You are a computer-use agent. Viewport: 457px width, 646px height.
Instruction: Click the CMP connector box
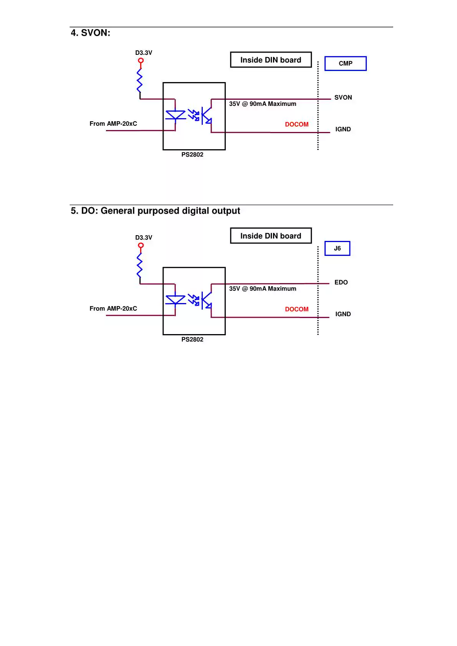tap(345, 63)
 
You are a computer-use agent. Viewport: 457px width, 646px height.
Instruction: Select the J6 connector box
tap(337, 248)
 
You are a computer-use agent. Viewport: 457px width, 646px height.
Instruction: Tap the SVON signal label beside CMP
tap(343, 97)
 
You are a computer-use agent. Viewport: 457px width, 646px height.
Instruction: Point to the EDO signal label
tap(341, 282)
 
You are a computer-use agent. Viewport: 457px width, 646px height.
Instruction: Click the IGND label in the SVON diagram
tap(343, 129)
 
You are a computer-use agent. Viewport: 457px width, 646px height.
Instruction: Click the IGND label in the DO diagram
tap(343, 314)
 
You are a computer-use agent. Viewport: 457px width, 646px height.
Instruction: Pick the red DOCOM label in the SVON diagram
tap(296, 124)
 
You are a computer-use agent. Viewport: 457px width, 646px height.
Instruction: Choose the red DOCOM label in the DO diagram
tap(296, 309)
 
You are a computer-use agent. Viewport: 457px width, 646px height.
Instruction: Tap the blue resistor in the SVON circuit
tap(140, 80)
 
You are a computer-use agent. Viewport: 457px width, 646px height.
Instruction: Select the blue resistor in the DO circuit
tap(140, 265)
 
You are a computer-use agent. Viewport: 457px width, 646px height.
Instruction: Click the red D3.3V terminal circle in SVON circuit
tap(141, 61)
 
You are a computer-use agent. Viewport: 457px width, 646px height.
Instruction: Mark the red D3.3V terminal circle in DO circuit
tap(141, 246)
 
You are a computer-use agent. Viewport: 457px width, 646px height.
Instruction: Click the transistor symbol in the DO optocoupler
tap(206, 301)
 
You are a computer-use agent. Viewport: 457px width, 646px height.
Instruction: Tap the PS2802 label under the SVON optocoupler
tap(192, 155)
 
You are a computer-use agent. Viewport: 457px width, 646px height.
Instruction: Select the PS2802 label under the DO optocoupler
tap(192, 339)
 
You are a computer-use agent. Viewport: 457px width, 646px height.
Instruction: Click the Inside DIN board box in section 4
tap(271, 60)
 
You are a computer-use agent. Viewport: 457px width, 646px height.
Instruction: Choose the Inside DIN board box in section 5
tap(271, 236)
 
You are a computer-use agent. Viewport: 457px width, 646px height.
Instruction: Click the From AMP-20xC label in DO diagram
tap(113, 308)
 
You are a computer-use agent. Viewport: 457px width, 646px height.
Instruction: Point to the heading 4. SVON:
tap(91, 33)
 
